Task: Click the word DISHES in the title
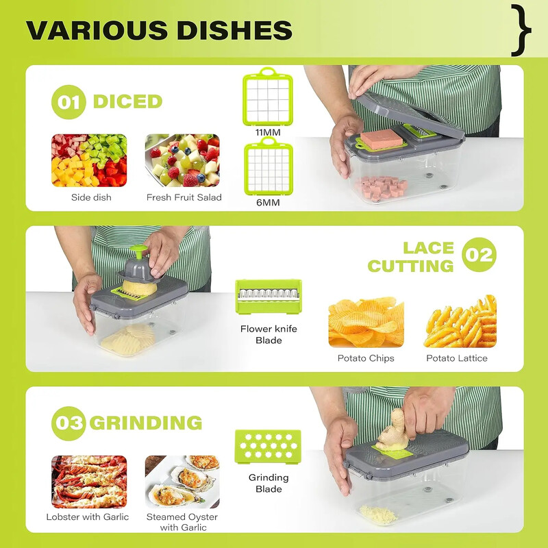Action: [234, 30]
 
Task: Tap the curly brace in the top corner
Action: [521, 30]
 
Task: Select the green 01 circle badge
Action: [68, 101]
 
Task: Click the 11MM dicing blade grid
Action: [268, 97]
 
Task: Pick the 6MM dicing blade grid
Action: [269, 166]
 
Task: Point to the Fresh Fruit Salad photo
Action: [182, 160]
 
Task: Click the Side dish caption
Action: [91, 197]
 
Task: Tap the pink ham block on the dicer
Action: [382, 138]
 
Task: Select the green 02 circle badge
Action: [479, 254]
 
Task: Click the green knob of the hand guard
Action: [139, 251]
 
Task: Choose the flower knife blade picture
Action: [269, 297]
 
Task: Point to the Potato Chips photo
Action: [366, 321]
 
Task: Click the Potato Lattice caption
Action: [457, 358]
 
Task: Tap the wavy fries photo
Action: [460, 321]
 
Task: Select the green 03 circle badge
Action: [68, 423]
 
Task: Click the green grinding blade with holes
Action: [268, 447]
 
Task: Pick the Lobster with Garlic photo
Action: [89, 482]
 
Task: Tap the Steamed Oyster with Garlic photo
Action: [182, 482]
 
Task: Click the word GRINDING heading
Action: [146, 423]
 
